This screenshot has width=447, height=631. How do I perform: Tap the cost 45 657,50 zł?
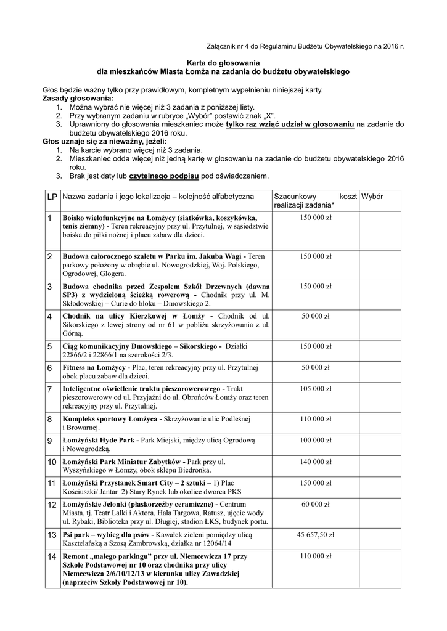[x=315, y=535]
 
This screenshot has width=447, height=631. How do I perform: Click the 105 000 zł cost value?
[x=315, y=389]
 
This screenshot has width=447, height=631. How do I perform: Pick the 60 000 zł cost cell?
[x=315, y=504]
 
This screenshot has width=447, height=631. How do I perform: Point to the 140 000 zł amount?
[x=315, y=461]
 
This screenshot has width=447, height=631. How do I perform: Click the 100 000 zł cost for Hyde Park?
[x=315, y=440]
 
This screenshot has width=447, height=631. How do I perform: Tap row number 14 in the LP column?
[x=51, y=557]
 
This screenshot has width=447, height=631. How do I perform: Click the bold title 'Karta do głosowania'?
[x=224, y=62]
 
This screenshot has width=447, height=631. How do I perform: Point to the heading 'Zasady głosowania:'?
[x=78, y=98]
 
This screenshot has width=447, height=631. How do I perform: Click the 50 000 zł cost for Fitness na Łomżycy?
[x=315, y=367]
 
